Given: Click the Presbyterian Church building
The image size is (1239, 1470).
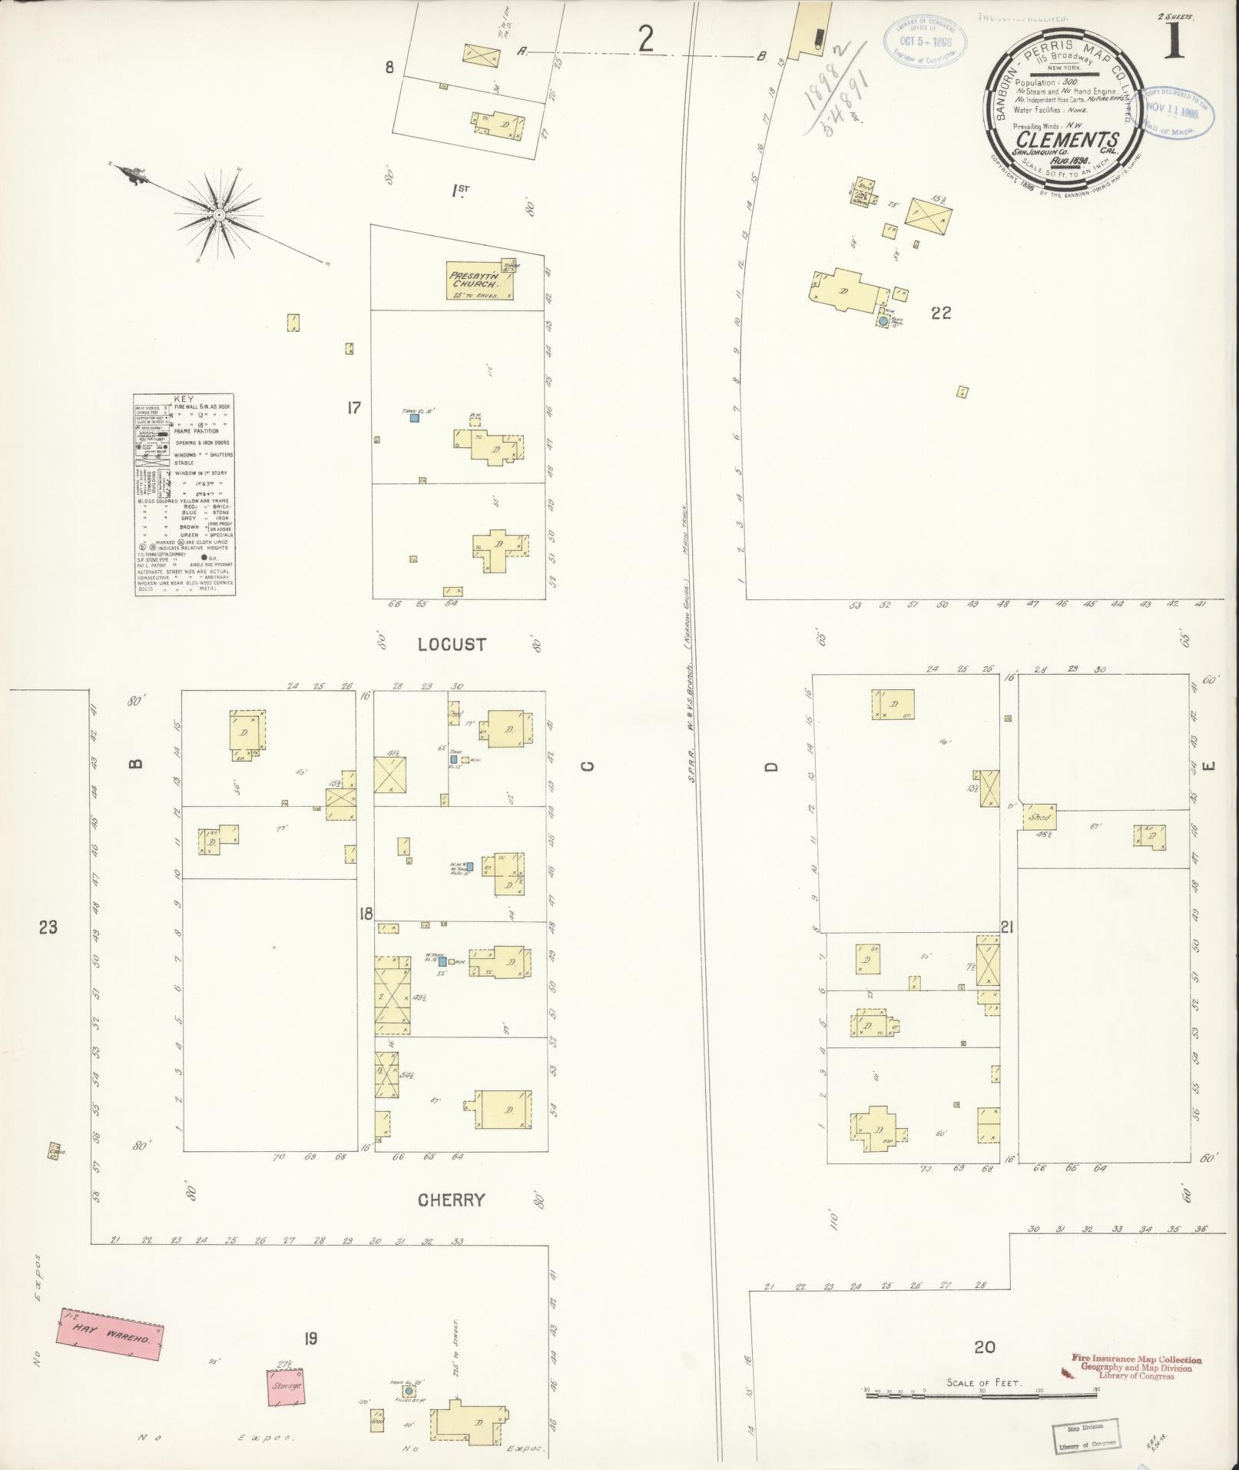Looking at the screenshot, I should [481, 281].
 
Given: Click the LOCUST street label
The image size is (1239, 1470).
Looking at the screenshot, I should [452, 645].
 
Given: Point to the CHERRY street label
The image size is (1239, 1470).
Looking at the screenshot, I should [451, 1200].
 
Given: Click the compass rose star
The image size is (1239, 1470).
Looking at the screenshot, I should [219, 214].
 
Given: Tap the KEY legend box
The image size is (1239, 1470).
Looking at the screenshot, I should [184, 494].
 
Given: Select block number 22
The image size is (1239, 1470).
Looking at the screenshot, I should [940, 313].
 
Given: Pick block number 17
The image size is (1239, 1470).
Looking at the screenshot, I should [353, 408].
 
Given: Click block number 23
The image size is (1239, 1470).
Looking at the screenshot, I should [48, 927].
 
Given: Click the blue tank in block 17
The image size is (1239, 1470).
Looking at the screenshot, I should [414, 418].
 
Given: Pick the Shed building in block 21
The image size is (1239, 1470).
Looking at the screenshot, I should [1038, 818].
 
